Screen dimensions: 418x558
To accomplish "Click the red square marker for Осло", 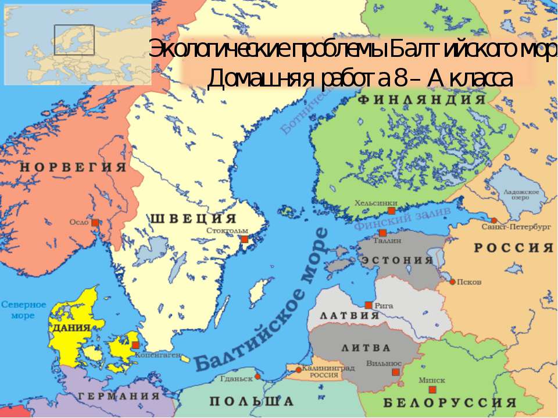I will point(95,222).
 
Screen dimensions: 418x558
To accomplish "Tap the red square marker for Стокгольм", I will point(245,239).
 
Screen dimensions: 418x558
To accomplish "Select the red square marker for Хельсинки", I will point(392,211).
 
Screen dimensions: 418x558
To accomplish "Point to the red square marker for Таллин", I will point(382,233).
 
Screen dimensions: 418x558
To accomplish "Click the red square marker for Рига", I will point(369,305).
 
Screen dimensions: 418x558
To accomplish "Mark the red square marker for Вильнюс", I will point(396,372).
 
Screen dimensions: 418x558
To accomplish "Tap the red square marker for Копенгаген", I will point(135,345).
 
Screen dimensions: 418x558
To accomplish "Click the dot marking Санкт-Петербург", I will point(493,220).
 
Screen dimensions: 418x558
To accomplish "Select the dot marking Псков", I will point(452,282).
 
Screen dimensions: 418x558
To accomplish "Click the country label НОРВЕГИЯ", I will point(73,167).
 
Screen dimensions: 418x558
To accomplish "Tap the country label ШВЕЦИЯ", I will point(194,219).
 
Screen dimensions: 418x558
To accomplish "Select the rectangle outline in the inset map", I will point(74,39).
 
